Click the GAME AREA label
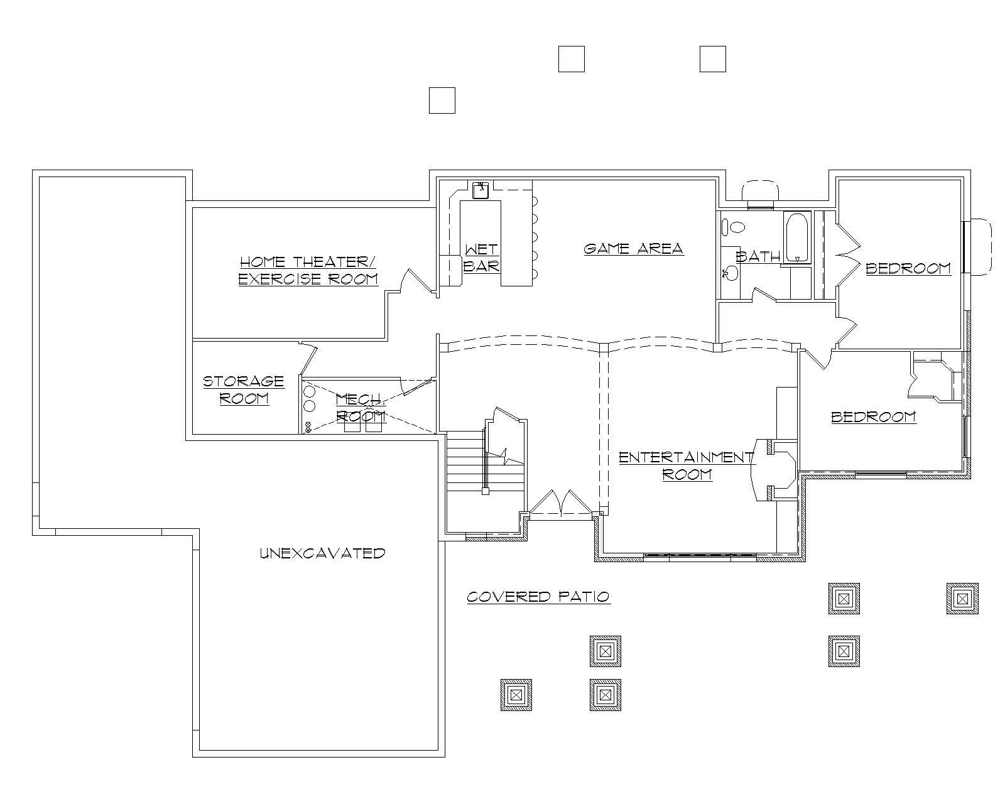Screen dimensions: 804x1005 pos(633,249)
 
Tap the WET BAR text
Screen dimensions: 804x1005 pos(482,258)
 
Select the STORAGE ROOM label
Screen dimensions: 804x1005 pos(244,390)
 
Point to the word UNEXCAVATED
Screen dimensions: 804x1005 pos(322,553)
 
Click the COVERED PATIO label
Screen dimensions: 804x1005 pos(538,597)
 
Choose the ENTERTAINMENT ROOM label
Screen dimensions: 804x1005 pos(687,465)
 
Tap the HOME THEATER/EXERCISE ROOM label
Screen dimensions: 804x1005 pos(308,271)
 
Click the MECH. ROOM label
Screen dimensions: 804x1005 pos(361,408)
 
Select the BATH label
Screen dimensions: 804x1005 pos(758,256)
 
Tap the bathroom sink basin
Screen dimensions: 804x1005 pos(730,273)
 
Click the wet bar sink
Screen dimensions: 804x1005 pos(481,189)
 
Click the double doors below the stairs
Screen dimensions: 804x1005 pos(560,503)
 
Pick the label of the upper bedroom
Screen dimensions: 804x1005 pos(908,268)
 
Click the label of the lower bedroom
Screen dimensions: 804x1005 pos(874,417)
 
